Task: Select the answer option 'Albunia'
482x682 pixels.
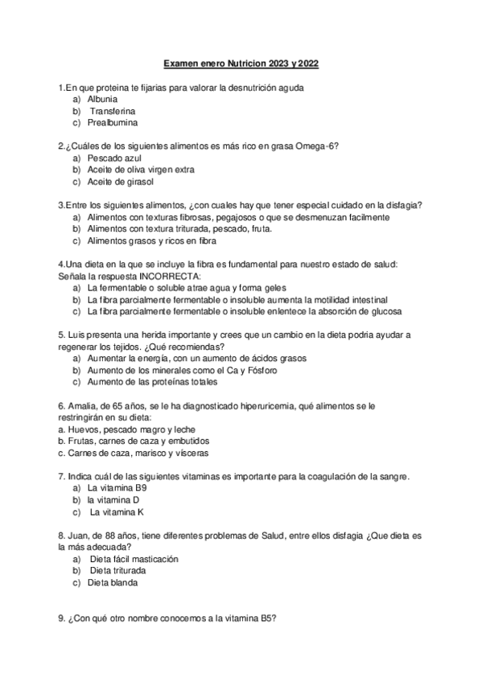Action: pos(103,99)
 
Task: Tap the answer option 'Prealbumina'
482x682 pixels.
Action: pos(113,123)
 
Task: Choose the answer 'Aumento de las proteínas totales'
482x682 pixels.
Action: pos(152,382)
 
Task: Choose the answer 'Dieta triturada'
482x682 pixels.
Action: pos(123,570)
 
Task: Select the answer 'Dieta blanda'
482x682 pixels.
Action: pos(113,582)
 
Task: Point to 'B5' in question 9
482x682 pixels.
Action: pos(267,618)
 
